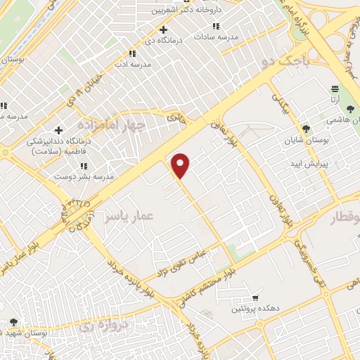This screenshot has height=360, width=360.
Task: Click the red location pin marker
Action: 181,166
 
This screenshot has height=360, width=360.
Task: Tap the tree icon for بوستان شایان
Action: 305,128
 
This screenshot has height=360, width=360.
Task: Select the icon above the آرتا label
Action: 335,89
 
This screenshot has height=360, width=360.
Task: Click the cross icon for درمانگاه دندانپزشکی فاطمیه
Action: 59,129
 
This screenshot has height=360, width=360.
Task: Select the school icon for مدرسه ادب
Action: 131,53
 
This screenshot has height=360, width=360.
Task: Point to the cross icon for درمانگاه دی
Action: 164,30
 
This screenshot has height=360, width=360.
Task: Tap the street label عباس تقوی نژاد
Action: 181,261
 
